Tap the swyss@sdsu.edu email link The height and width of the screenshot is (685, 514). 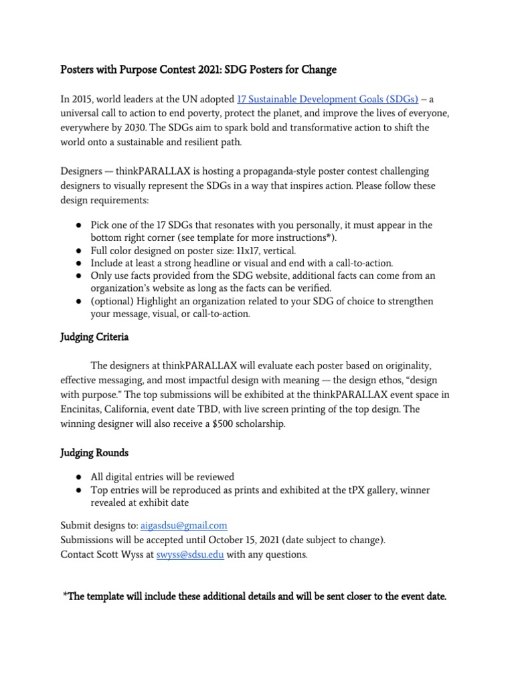click(x=190, y=555)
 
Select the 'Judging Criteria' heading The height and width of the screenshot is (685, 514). click(x=94, y=337)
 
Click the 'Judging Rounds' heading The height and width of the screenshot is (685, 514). click(x=94, y=452)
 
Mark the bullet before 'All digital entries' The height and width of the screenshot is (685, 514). click(x=78, y=477)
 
